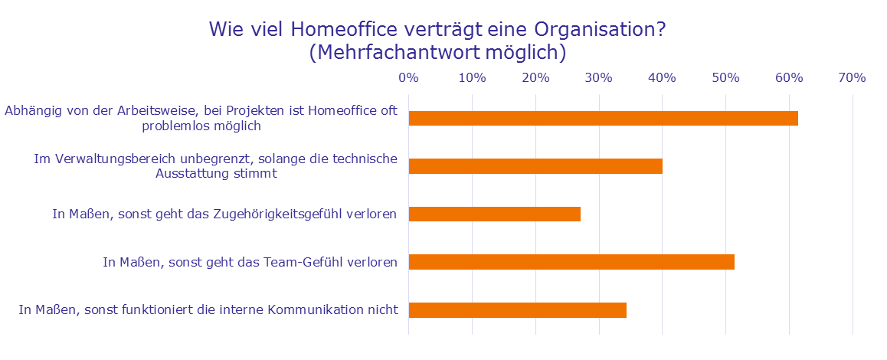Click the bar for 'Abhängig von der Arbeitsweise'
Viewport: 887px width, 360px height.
point(603,118)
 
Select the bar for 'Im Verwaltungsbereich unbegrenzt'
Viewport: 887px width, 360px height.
point(535,166)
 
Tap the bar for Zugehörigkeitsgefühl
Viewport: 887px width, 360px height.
point(494,214)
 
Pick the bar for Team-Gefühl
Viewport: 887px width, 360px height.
point(571,262)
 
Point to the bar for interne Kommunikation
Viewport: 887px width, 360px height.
point(518,310)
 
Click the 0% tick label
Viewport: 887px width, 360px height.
point(408,77)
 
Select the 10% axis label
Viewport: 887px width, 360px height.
point(472,77)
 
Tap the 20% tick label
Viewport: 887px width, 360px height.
point(535,77)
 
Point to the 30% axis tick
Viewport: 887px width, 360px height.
point(599,77)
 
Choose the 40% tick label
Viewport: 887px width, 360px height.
point(663,77)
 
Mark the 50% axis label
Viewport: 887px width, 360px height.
point(726,77)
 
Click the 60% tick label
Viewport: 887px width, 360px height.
point(789,77)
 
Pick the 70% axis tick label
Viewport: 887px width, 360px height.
point(853,77)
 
